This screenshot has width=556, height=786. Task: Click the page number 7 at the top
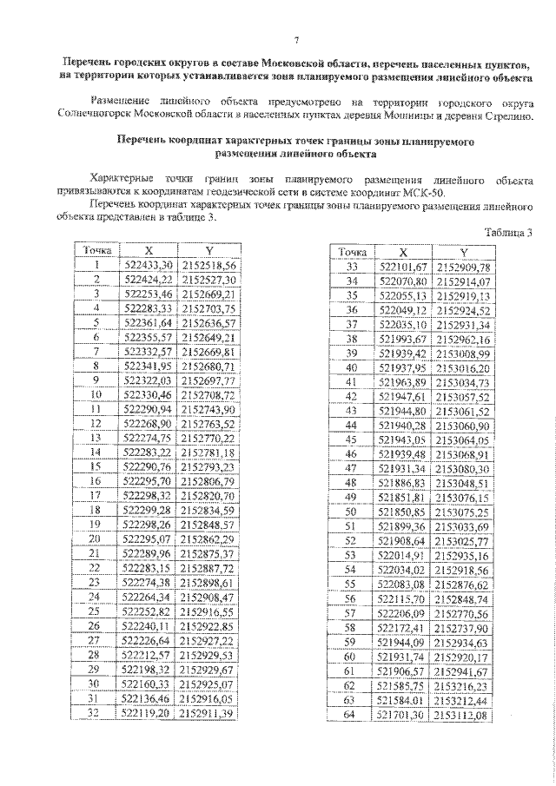click(295, 41)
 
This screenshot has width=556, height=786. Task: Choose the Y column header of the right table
click(463, 252)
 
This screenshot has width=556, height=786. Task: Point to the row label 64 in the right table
click(352, 714)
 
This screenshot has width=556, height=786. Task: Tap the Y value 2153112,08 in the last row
click(463, 714)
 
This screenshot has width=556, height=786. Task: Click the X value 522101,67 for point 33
click(405, 267)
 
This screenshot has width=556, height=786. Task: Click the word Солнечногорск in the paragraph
click(89, 115)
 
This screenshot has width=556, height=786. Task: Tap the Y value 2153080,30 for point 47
click(463, 468)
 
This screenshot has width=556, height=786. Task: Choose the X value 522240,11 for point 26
click(149, 626)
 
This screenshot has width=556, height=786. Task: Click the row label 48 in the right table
click(352, 482)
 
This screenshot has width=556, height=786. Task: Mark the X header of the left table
click(149, 249)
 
